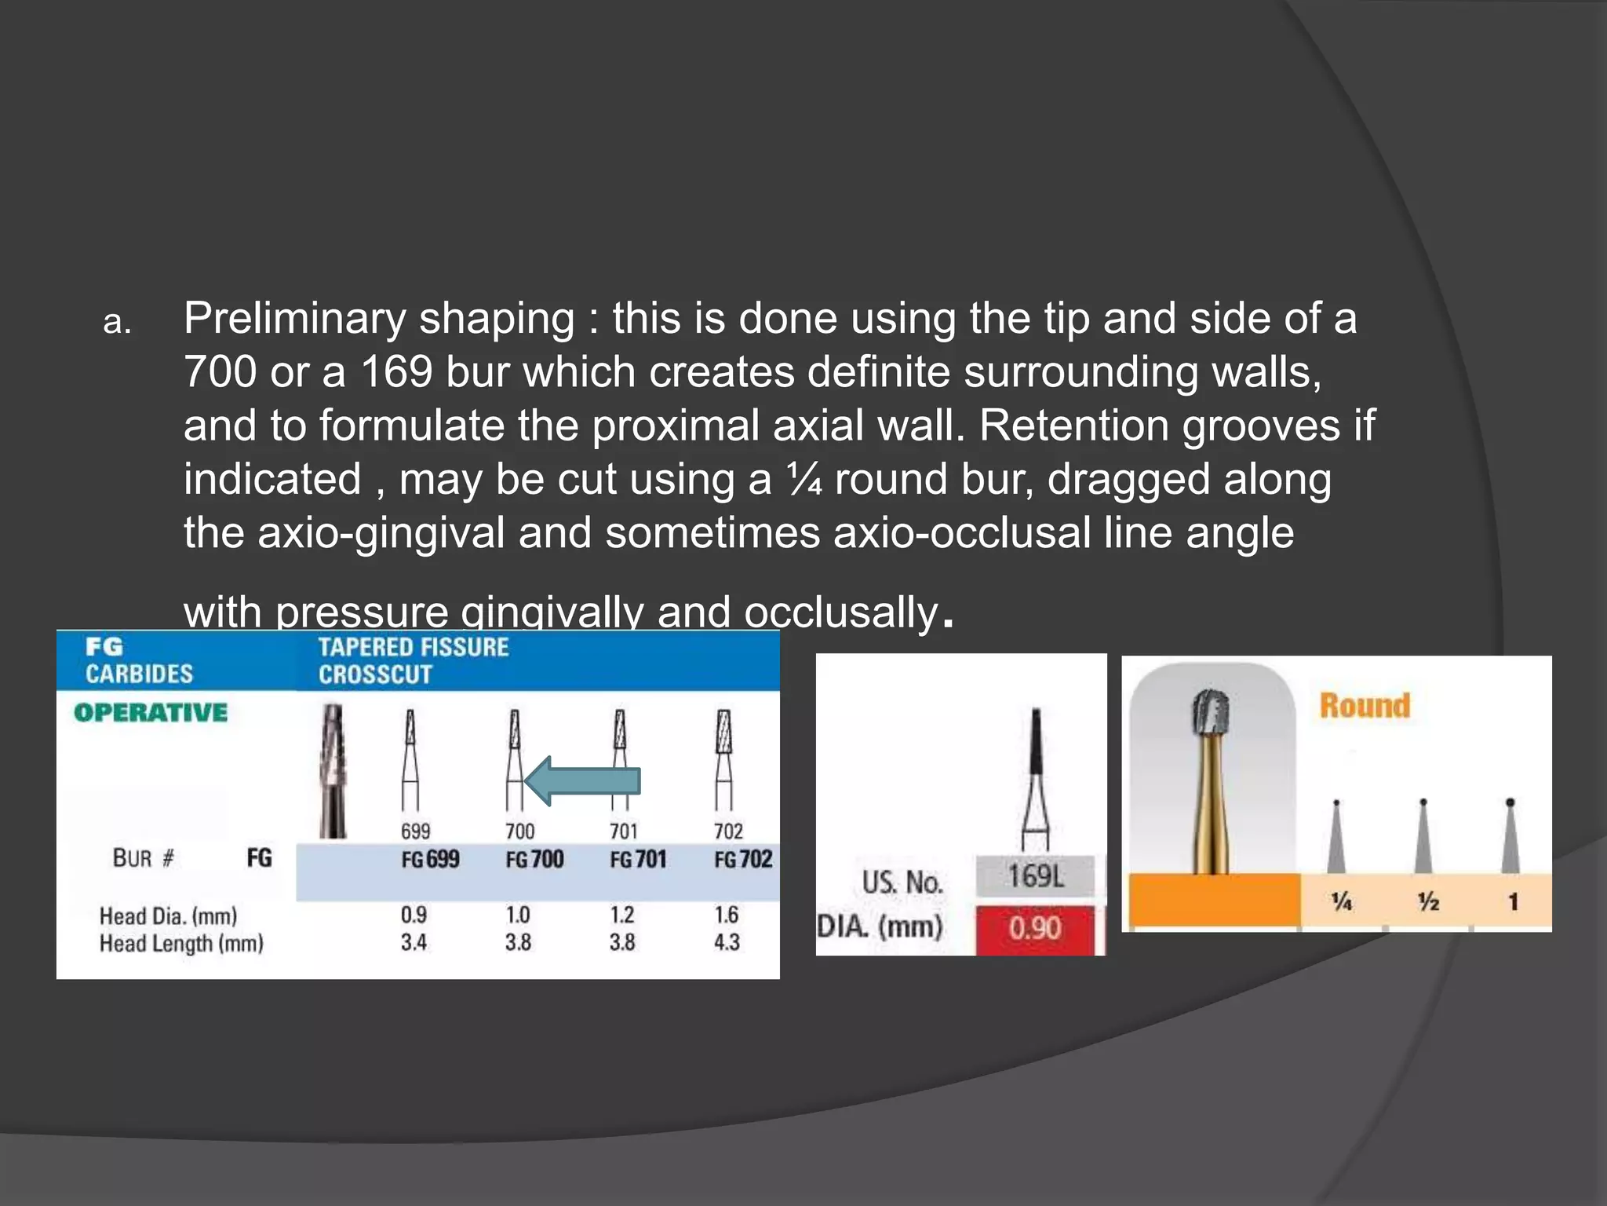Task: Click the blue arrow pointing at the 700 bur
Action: coord(582,781)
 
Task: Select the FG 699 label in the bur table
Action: coord(430,859)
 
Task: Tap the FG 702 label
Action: coord(742,859)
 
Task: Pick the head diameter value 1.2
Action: coord(622,915)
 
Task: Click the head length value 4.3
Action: coord(727,941)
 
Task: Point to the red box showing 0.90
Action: coord(1035,929)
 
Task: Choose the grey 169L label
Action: coord(1035,876)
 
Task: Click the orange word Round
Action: coord(1365,705)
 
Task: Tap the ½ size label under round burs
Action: coord(1428,901)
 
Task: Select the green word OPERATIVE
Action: coord(151,712)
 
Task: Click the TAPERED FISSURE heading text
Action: coord(414,647)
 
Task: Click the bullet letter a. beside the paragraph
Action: coord(118,322)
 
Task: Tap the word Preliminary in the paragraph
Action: coord(294,319)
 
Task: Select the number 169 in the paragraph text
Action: coord(396,371)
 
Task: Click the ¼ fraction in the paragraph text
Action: coord(804,479)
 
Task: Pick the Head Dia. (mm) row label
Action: coord(168,915)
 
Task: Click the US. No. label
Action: coord(902,883)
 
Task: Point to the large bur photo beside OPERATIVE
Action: coord(333,769)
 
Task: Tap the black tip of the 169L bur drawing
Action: coord(1036,738)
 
